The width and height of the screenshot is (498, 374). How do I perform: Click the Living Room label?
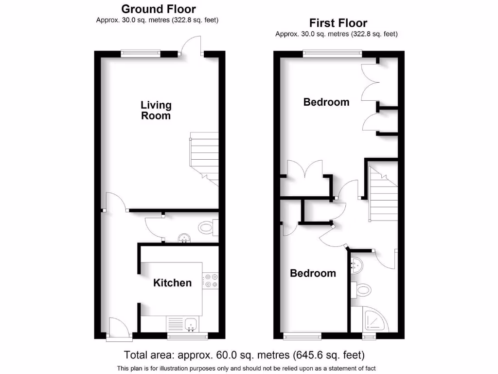(156, 110)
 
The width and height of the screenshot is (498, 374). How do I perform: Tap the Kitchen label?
(172, 283)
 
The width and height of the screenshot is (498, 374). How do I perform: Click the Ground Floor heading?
(158, 9)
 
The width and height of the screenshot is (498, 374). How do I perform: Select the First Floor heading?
(338, 23)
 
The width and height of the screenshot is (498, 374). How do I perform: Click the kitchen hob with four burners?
(211, 280)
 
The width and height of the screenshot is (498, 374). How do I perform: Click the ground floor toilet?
(208, 226)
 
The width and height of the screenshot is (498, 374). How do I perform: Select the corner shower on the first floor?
(376, 320)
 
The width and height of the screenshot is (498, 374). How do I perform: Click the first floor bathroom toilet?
(362, 290)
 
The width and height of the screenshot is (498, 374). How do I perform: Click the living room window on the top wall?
(141, 53)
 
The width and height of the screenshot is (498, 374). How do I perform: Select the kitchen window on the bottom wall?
(187, 336)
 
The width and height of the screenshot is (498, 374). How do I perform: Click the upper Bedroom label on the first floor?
(326, 102)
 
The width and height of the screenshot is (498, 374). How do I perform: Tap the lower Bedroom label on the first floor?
(313, 273)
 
